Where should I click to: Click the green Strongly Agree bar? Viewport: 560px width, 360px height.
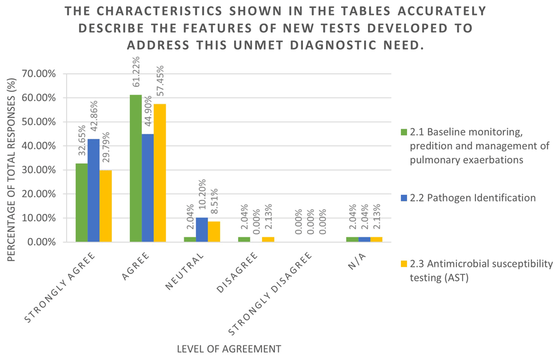pos(82,203)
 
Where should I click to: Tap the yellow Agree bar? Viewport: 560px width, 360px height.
pos(160,173)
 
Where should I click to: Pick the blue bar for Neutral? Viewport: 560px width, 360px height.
pos(202,230)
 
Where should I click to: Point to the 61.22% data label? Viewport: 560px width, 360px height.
pos(136,77)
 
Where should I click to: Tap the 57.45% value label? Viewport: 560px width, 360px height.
pos(160,86)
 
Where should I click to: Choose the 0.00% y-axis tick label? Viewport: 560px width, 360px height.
pos(42,242)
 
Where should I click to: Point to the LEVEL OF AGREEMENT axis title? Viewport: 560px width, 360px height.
pos(228,349)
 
